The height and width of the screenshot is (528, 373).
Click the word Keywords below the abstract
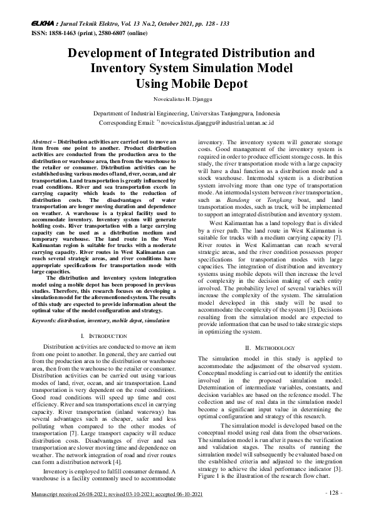tap(45, 320)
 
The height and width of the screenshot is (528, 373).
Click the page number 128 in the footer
tap(334, 509)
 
